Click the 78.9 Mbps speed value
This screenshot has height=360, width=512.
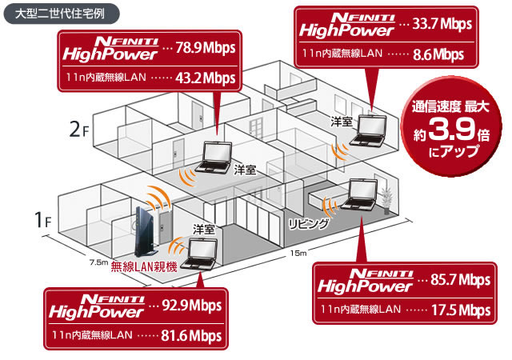click(206, 48)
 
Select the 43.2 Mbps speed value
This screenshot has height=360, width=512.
click(205, 78)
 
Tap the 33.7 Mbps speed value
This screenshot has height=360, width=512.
click(442, 24)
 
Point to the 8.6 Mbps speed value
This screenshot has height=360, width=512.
click(438, 54)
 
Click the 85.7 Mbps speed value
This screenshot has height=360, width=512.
click(461, 280)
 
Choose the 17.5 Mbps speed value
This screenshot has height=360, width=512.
click(461, 310)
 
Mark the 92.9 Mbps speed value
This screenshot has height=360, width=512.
click(192, 306)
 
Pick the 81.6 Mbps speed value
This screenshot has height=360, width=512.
click(191, 336)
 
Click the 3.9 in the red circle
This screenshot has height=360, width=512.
click(451, 130)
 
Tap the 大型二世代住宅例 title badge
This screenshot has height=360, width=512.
click(62, 14)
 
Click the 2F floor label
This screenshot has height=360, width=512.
click(79, 130)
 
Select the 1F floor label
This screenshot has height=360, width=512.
click(43, 220)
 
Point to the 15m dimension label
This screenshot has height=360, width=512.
click(298, 253)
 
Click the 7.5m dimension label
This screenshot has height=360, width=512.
click(98, 262)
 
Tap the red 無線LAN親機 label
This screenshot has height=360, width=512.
click(144, 267)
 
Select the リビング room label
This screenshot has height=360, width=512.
click(308, 224)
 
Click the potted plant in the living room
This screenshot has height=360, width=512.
click(386, 200)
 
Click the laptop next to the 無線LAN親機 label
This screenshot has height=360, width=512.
click(199, 254)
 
